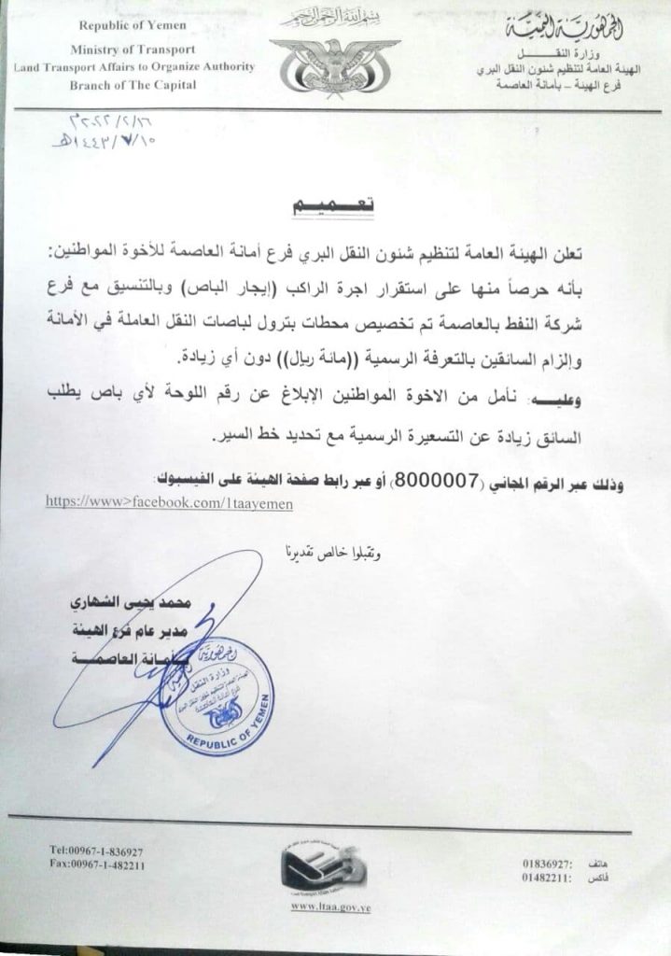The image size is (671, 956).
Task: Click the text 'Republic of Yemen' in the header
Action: (x=133, y=26)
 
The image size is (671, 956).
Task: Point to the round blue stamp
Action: (x=217, y=695)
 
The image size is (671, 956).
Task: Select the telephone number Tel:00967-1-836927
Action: (x=96, y=851)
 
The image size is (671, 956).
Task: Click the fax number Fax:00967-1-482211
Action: (x=97, y=865)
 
